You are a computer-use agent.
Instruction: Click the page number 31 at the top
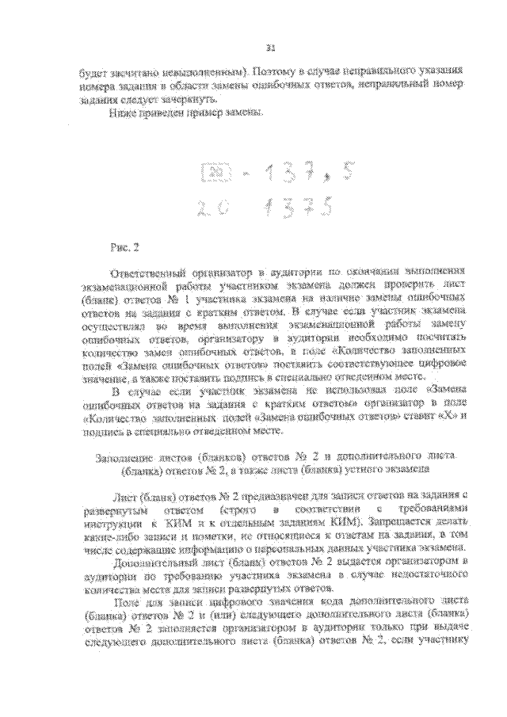(x=270, y=48)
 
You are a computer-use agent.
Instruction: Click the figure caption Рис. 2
(x=127, y=247)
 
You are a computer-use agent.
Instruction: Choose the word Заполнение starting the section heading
(x=124, y=459)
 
